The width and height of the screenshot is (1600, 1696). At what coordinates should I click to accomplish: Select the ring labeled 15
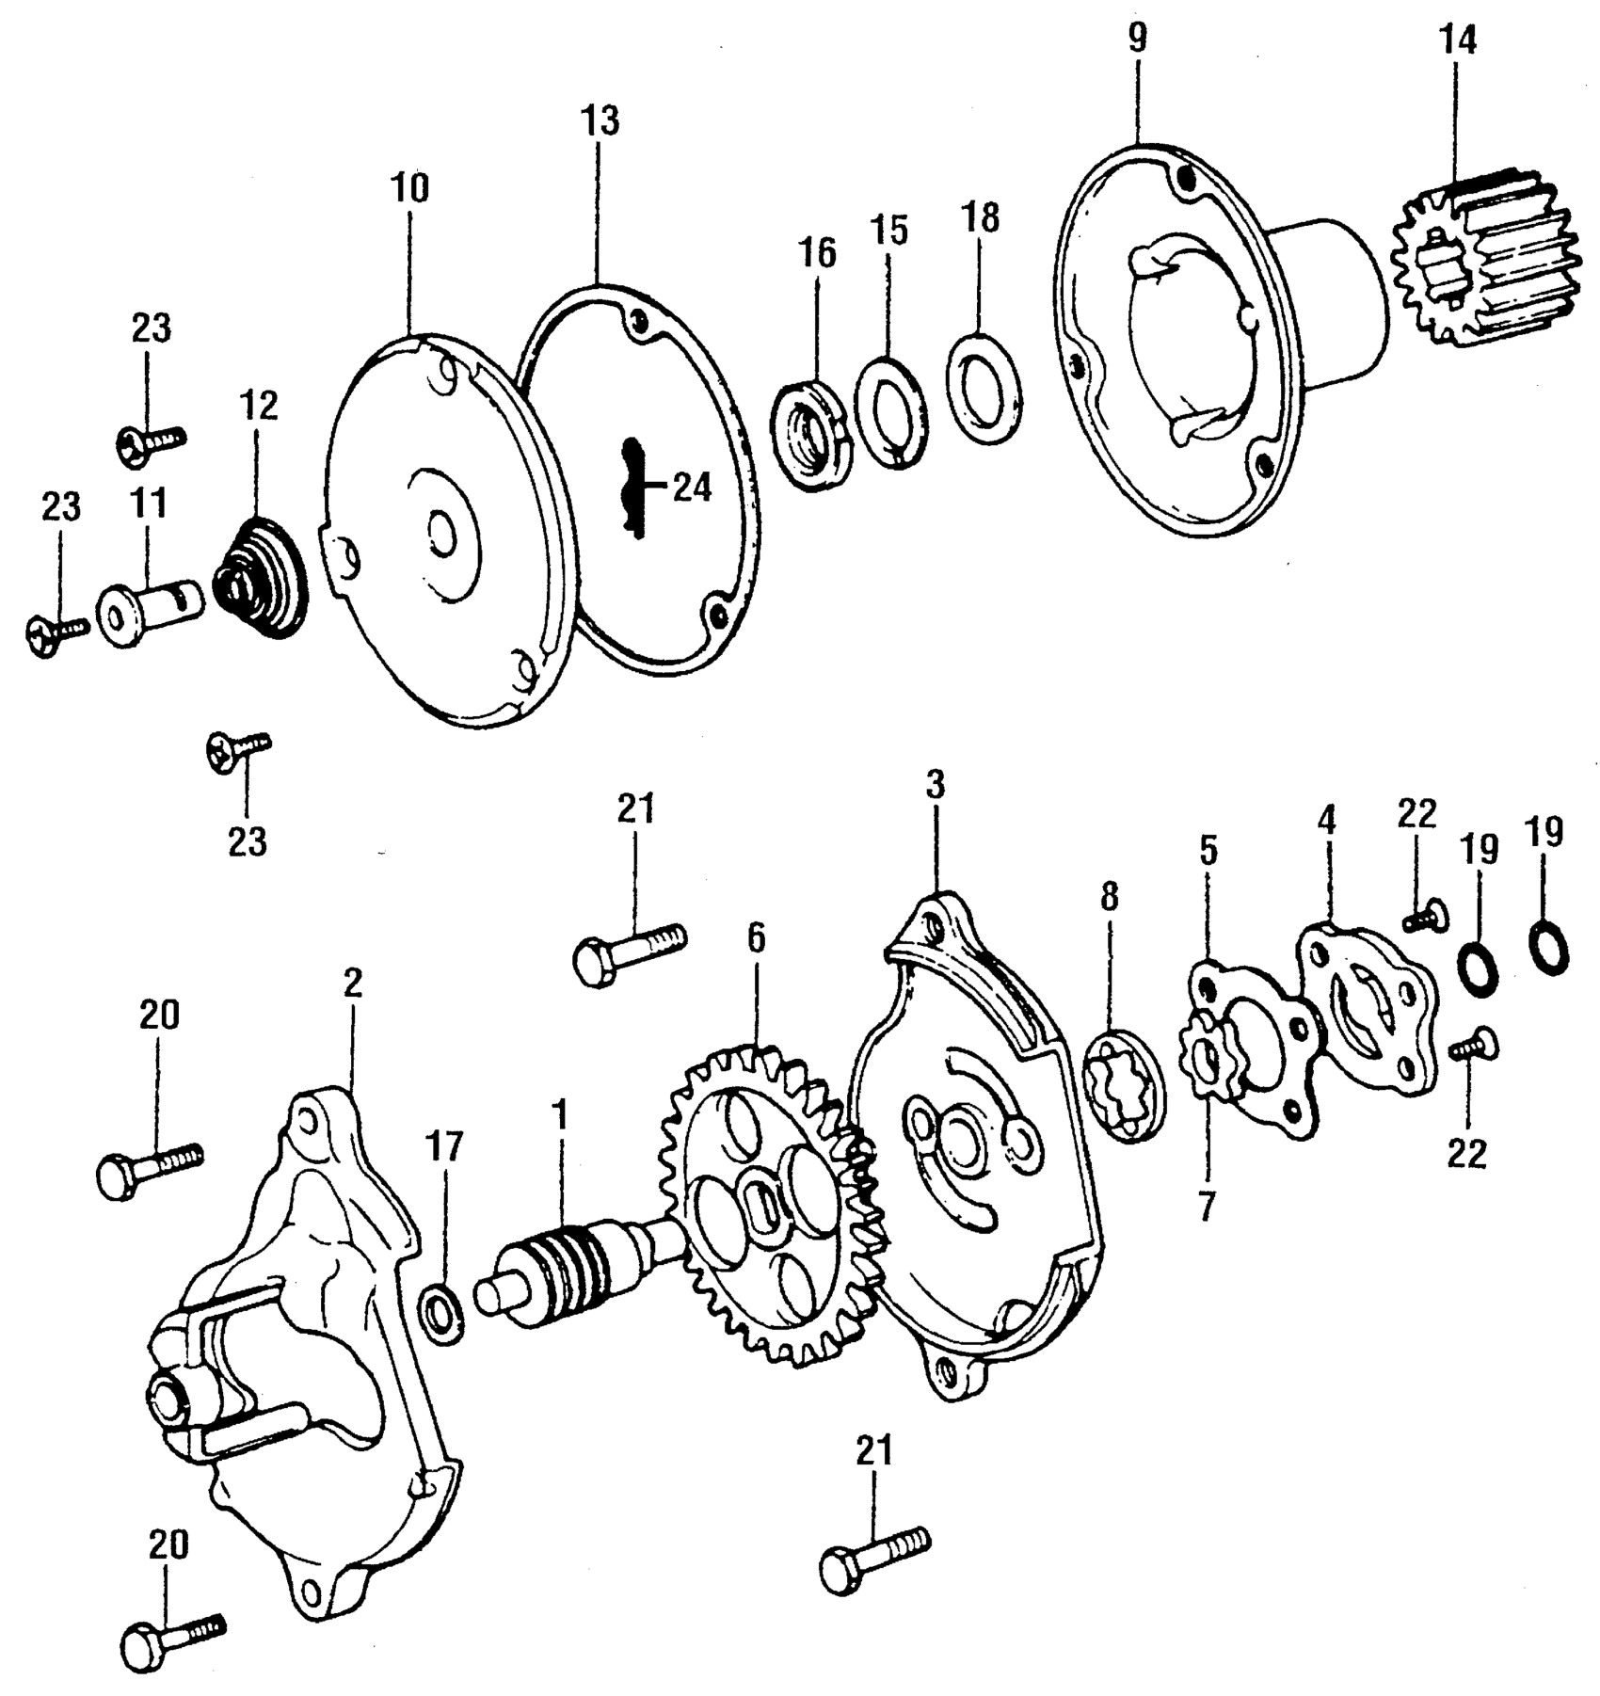pyautogui.click(x=891, y=409)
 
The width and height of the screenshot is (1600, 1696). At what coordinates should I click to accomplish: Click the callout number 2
pyautogui.click(x=352, y=985)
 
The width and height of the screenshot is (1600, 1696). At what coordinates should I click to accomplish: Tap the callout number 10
pyautogui.click(x=410, y=188)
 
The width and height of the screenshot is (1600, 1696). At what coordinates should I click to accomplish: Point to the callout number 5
pyautogui.click(x=1208, y=850)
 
